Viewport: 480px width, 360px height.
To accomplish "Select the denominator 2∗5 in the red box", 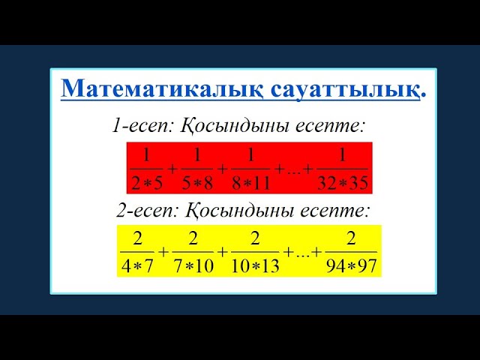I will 146,182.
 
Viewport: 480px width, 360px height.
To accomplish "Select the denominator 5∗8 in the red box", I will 197,182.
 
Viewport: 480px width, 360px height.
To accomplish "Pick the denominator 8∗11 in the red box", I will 252,182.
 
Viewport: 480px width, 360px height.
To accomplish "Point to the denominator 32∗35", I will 343,182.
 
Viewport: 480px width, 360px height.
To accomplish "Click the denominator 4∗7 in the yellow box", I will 137,265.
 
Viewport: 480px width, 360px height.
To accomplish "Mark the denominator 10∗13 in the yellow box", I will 255,265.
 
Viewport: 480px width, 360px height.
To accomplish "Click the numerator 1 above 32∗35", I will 343,156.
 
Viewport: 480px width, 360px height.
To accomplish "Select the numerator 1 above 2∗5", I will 146,156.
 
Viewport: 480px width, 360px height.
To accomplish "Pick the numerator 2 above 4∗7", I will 137,238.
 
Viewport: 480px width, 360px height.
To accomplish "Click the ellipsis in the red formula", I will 292,171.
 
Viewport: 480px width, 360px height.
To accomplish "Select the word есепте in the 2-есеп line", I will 334,209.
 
